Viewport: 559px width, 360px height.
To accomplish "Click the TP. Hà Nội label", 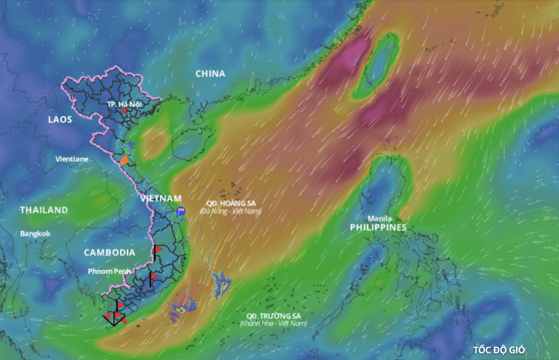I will tap(124, 104).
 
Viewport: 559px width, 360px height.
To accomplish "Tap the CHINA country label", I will tap(210, 73).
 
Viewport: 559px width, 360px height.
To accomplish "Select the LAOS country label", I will tap(61, 119).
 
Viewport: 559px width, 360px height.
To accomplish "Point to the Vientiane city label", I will tap(72, 159).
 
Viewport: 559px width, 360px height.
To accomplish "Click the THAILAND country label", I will tap(44, 210).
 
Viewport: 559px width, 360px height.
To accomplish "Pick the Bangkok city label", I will tap(36, 233).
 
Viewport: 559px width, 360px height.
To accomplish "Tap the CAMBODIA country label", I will tap(110, 253).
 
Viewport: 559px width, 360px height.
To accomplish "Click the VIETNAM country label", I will tap(161, 199).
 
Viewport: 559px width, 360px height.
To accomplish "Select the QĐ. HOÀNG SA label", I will tap(231, 203).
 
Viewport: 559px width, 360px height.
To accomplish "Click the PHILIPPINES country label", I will tap(378, 227).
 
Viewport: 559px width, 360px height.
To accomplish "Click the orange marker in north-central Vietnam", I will tap(125, 159).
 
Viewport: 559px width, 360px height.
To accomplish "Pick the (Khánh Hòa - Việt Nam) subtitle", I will tap(273, 324).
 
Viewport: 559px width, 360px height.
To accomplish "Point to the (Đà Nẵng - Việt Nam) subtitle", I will tap(231, 211).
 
